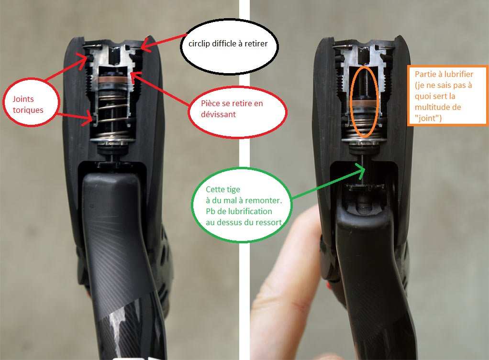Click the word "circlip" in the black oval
pos(199,44)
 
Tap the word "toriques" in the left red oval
pos(28,110)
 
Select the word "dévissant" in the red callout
pos(218,114)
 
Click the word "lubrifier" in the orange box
pos(458,74)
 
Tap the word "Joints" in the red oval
pos(23,99)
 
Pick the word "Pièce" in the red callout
pos(211,103)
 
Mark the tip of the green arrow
pos(365,169)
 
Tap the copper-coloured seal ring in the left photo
pos(113,80)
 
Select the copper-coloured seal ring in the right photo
pos(364,103)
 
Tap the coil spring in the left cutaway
pos(112,119)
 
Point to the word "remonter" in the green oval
pos(265,200)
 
